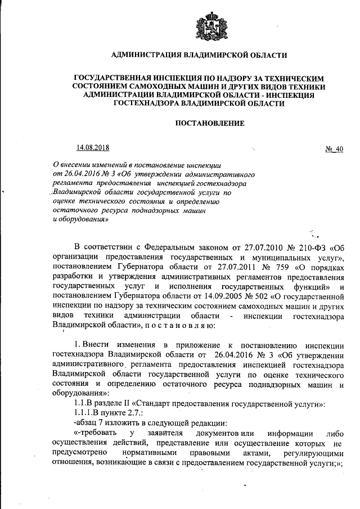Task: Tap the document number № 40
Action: [334, 148]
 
